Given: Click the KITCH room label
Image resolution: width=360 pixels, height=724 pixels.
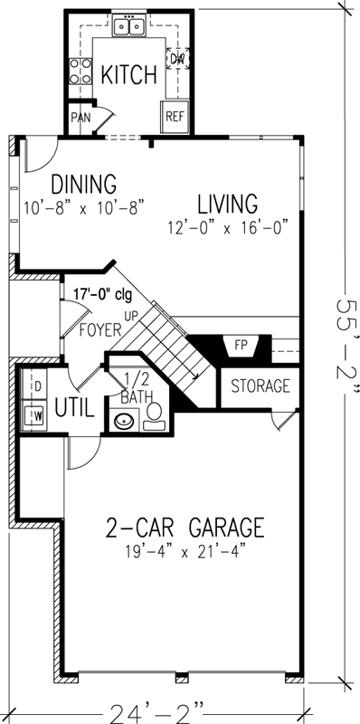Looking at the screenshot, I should tap(128, 75).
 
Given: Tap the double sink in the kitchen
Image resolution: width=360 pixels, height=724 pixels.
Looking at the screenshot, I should tap(128, 28).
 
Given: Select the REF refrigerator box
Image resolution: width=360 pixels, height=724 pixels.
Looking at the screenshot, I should tap(174, 116).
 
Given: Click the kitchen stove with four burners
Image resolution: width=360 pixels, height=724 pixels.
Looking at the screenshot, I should tap(80, 70).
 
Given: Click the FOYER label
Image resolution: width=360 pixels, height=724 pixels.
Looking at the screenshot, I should tap(99, 329).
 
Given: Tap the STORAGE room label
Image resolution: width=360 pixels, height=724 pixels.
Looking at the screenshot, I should tap(260, 386).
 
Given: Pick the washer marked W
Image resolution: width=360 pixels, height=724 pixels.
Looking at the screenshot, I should tap(36, 416).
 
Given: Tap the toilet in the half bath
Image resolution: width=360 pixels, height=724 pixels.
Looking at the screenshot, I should tap(154, 414).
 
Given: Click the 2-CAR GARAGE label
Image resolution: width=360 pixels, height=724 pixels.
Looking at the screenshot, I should tap(185, 526).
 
